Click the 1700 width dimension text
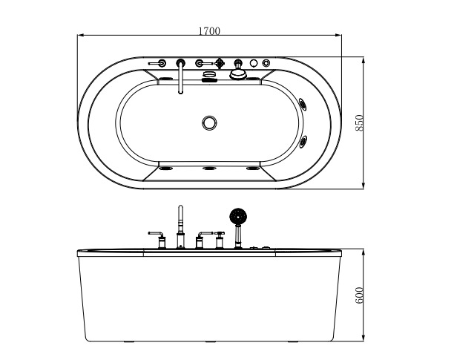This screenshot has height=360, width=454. pyautogui.click(x=209, y=31)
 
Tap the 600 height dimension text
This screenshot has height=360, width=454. pyautogui.click(x=360, y=295)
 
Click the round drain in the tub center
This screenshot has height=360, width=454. pyautogui.click(x=209, y=122)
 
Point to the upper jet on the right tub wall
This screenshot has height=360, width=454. pyautogui.click(x=302, y=102)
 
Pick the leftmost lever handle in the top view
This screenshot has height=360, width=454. pyautogui.click(x=158, y=65)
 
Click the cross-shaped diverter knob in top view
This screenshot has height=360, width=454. pyautogui.click(x=220, y=64)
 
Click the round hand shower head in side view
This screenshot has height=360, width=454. pyautogui.click(x=238, y=217)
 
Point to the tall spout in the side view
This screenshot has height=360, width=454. pyautogui.click(x=180, y=223)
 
